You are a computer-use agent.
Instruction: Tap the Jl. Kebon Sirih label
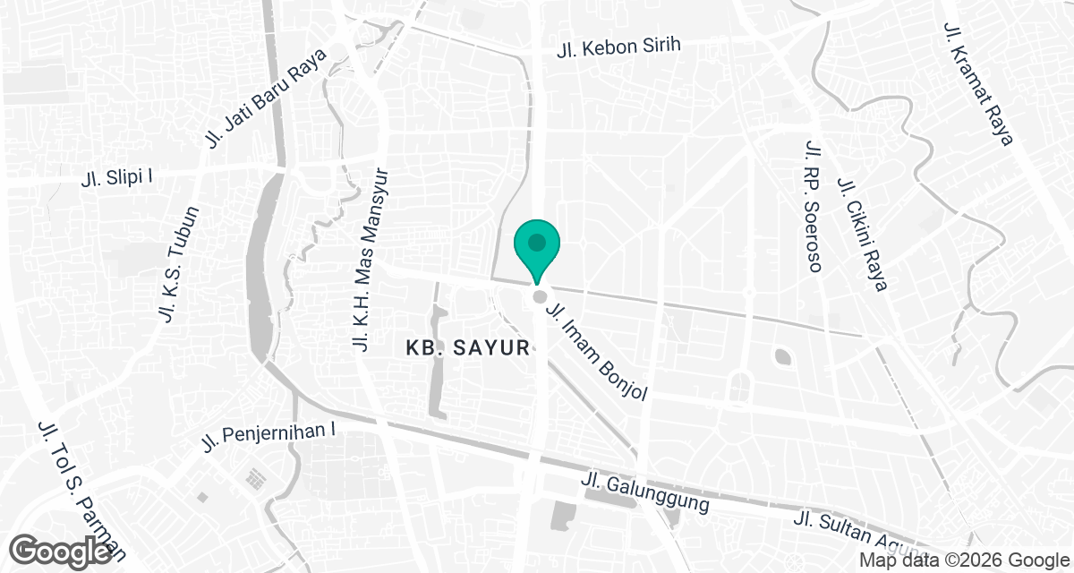618,47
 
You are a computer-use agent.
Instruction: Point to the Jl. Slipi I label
116,176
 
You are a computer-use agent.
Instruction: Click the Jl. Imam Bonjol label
595,350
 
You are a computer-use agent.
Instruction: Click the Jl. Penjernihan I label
268,437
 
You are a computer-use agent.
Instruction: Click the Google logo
62,550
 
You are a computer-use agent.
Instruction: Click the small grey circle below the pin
539,297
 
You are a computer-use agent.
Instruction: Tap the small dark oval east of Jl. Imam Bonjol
782,357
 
